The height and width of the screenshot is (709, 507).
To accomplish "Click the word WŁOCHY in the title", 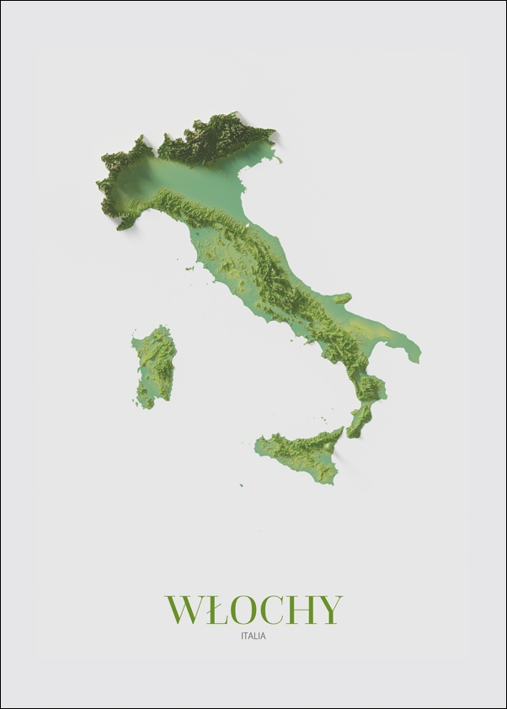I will point(253,610).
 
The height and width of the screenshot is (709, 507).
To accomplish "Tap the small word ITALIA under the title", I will point(253,637).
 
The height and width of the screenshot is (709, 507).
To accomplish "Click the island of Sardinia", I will point(154,366).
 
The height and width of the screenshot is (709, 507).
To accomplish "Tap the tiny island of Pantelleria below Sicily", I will point(240,485).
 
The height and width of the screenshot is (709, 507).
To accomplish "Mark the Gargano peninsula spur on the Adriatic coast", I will point(342,298).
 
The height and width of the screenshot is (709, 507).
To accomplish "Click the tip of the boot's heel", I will point(417,357).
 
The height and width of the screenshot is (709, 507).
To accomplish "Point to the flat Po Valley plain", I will point(194,181).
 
